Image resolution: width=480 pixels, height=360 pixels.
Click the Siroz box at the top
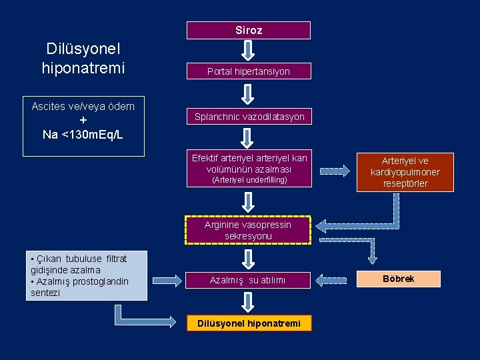coord(249,31)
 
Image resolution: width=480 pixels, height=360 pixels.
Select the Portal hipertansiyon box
coord(249,71)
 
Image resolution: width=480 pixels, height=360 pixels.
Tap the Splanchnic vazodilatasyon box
coord(249,117)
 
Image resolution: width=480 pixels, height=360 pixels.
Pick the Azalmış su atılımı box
coord(249,280)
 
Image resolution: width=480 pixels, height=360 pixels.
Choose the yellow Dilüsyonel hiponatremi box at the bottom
coord(249,323)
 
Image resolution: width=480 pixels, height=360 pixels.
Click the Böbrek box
coord(398,279)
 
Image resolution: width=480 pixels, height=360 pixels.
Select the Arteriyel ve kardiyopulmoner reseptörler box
coord(405,172)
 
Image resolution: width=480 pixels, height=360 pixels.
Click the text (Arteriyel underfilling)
coord(249,180)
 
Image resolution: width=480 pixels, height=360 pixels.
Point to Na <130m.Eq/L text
coord(83,135)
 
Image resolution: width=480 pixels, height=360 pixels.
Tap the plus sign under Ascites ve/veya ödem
coord(83,121)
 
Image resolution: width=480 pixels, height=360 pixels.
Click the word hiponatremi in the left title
coord(83,68)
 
